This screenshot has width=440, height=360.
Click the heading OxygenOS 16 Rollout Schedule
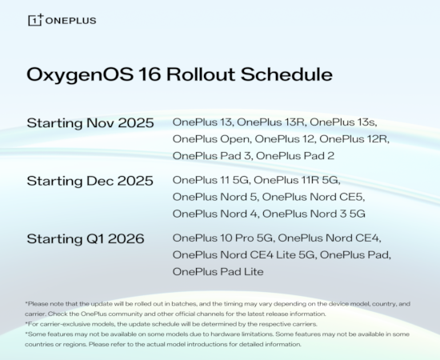pyautogui.click(x=179, y=75)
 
